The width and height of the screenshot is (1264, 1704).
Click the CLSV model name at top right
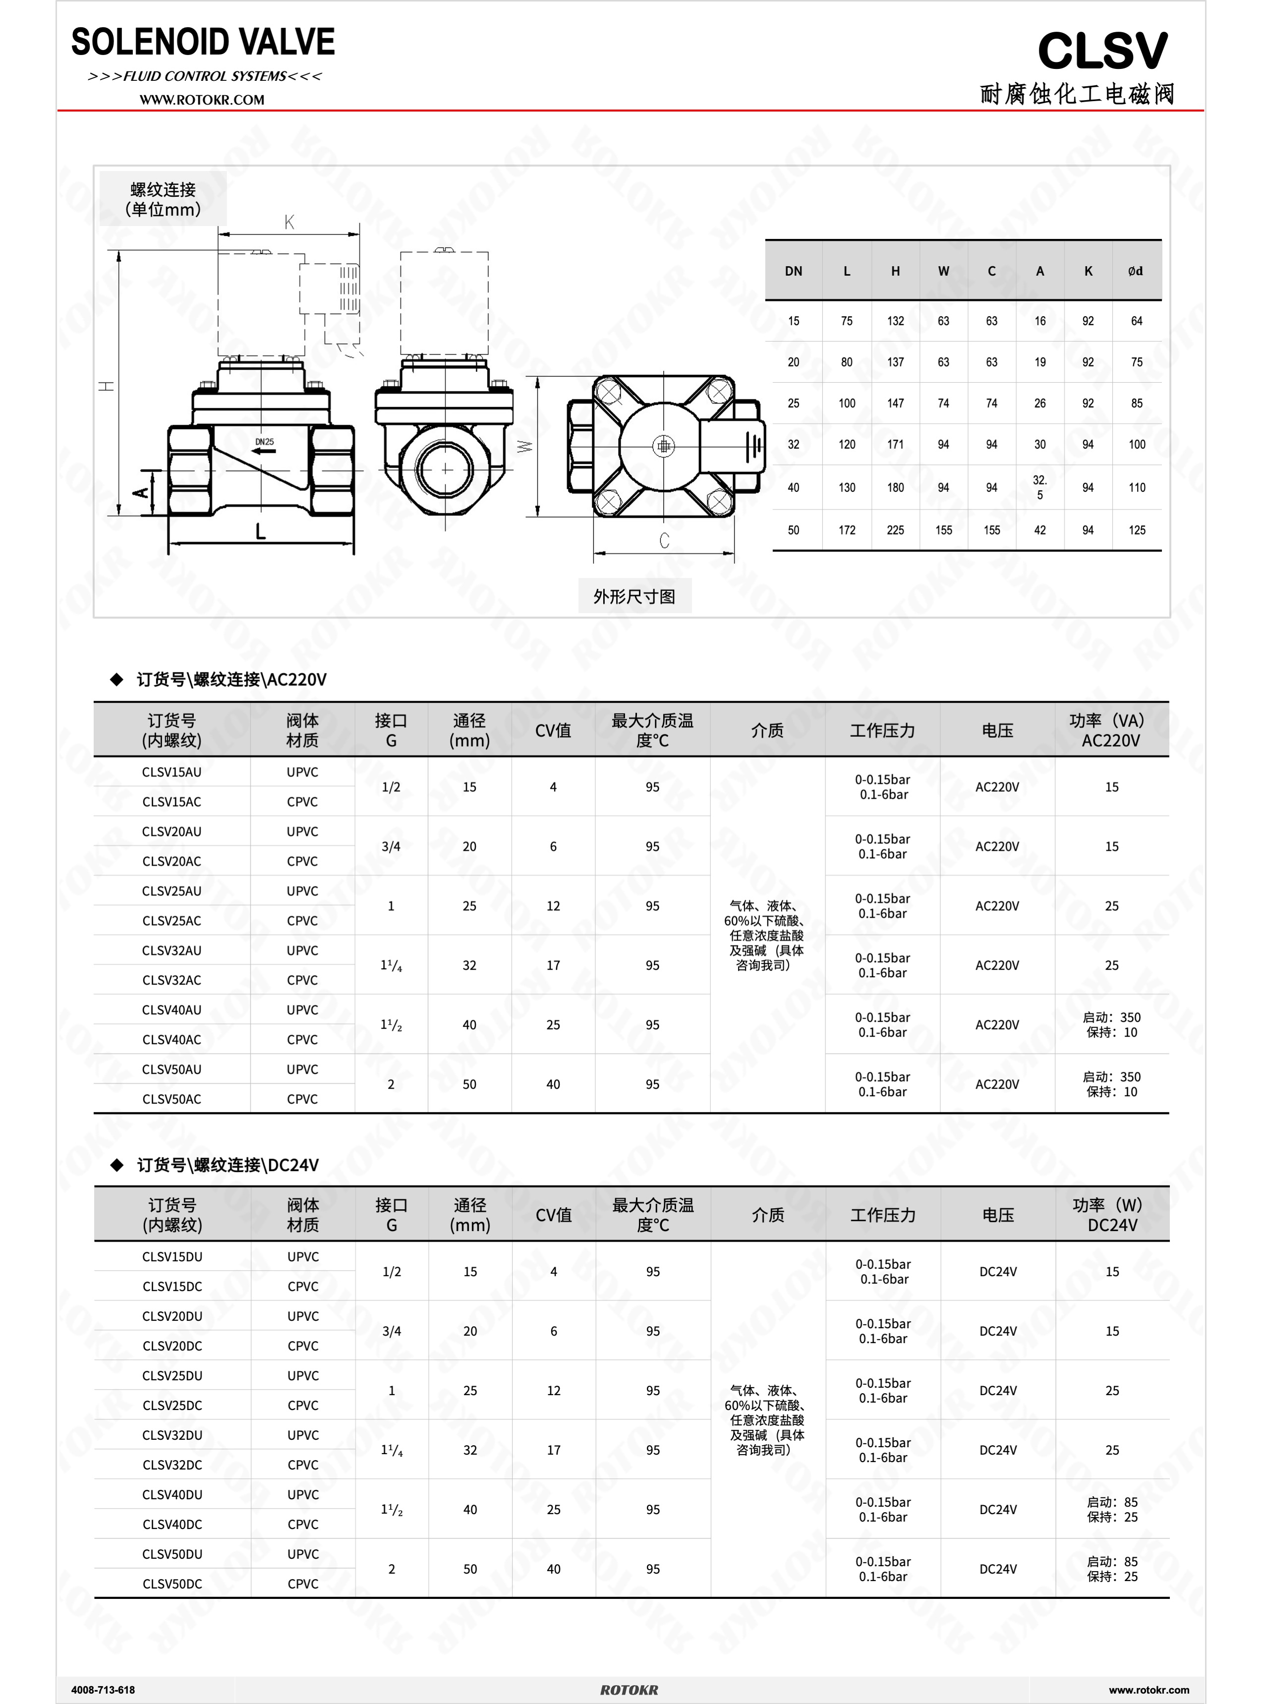[x=1102, y=51]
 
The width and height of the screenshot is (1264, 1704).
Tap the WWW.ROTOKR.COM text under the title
[x=202, y=100]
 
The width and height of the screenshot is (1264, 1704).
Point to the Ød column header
[x=1136, y=271]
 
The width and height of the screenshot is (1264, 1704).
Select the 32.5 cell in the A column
[x=1040, y=487]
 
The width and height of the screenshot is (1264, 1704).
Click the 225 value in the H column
[x=895, y=530]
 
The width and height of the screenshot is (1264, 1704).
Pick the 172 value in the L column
[x=846, y=530]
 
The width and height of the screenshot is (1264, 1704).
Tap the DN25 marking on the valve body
[x=264, y=442]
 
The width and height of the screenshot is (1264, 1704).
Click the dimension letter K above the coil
[x=289, y=222]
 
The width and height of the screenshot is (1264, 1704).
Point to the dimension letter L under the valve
[x=260, y=531]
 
